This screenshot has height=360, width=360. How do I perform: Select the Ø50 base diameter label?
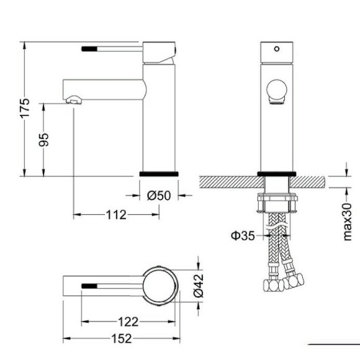click(x=159, y=196)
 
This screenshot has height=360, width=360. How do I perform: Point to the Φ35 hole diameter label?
click(x=243, y=235)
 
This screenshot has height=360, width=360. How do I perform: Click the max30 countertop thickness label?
click(x=348, y=220)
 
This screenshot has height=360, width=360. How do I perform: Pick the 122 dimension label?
click(x=127, y=322)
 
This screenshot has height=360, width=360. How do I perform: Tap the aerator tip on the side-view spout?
click(x=74, y=100)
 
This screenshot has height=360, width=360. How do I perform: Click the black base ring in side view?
click(x=159, y=173)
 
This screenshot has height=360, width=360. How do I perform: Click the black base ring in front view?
click(x=276, y=174)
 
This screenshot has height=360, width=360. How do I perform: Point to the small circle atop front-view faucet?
click(x=277, y=48)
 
